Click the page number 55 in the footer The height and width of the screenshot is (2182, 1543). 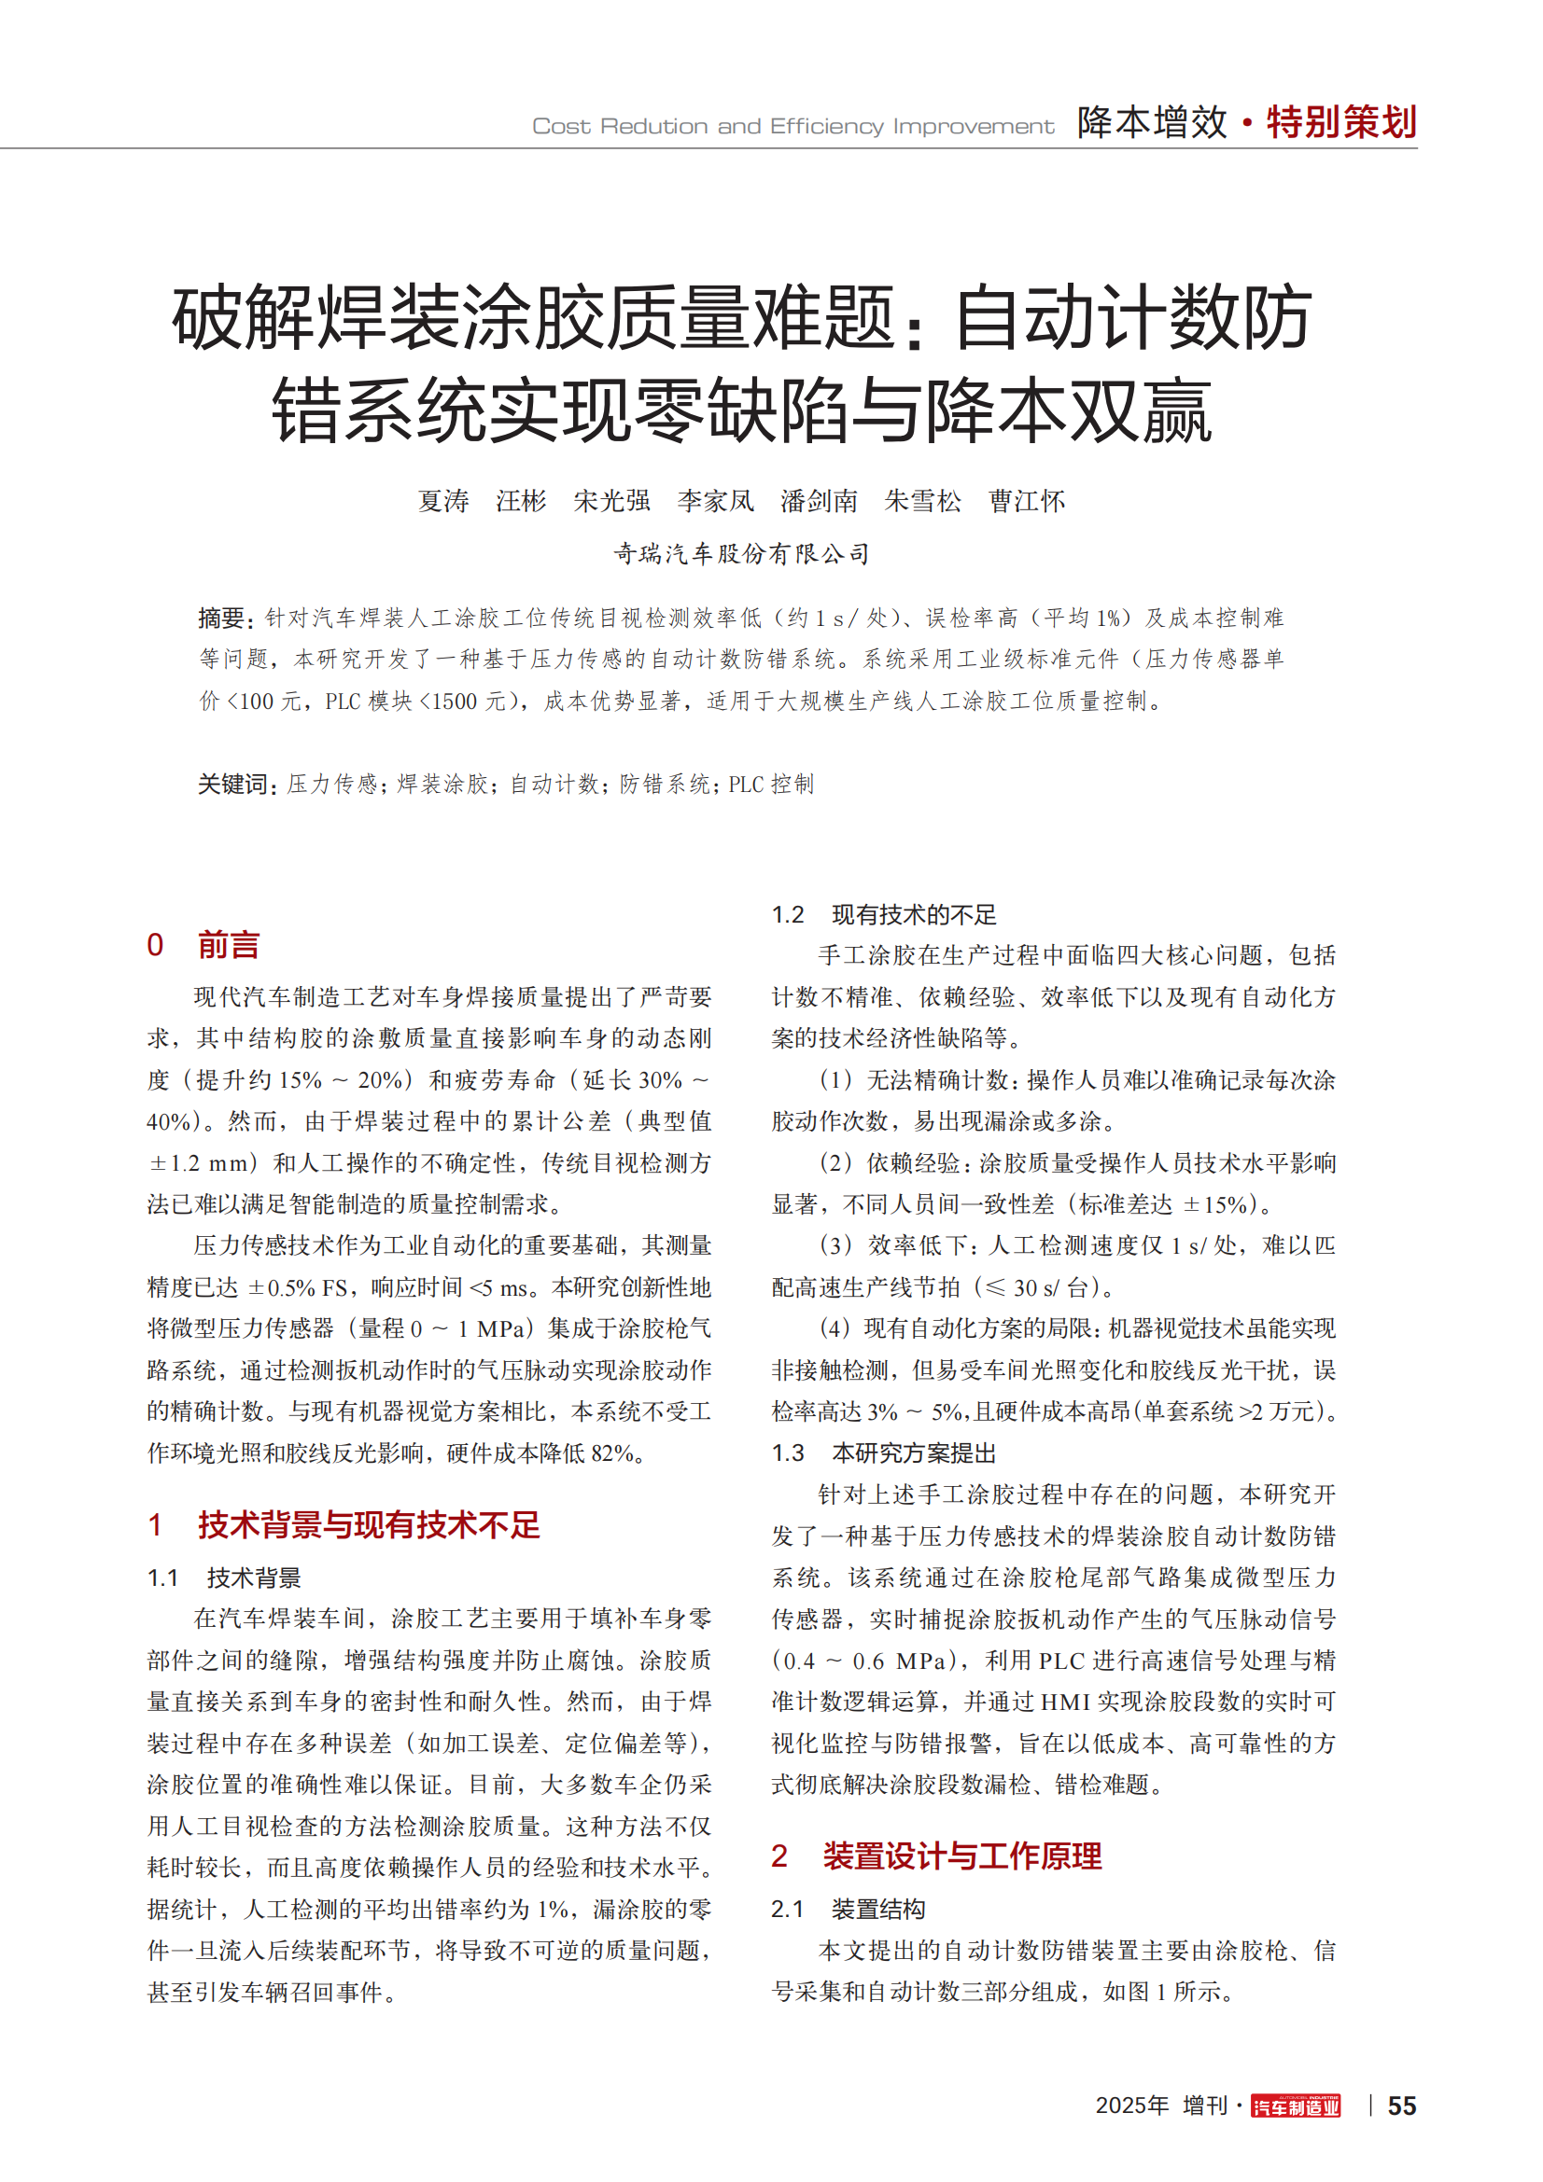1401,2105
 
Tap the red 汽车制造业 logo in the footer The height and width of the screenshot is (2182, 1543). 1295,2106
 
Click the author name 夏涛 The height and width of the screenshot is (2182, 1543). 444,501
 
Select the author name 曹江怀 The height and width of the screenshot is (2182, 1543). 1027,501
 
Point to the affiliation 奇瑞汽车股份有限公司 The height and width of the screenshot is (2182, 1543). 741,553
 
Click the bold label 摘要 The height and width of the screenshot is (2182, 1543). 223,618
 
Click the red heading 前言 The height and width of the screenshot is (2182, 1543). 228,945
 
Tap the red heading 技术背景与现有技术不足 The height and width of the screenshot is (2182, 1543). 369,1524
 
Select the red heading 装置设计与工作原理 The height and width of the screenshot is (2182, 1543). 962,1856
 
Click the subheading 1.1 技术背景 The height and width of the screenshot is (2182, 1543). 224,1578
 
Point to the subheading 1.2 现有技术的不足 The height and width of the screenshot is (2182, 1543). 884,914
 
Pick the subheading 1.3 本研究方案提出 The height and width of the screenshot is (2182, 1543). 884,1453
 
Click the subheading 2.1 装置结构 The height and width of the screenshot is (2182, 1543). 848,1910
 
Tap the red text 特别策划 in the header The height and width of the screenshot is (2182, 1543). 1340,122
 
